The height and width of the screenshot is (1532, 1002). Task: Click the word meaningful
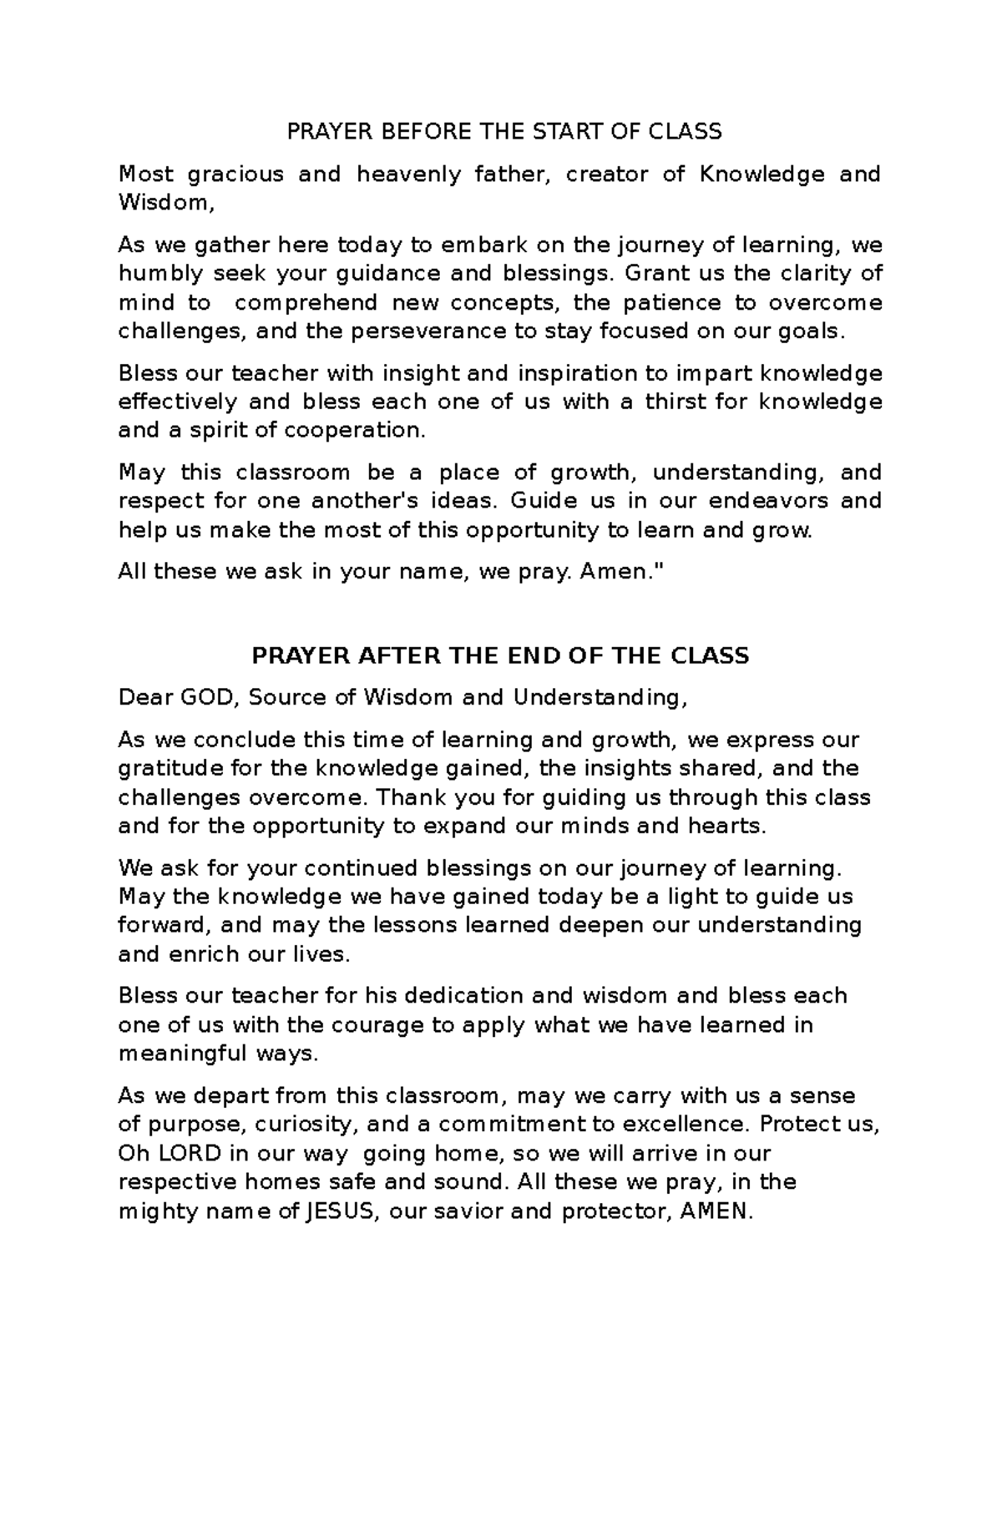click(182, 1053)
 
